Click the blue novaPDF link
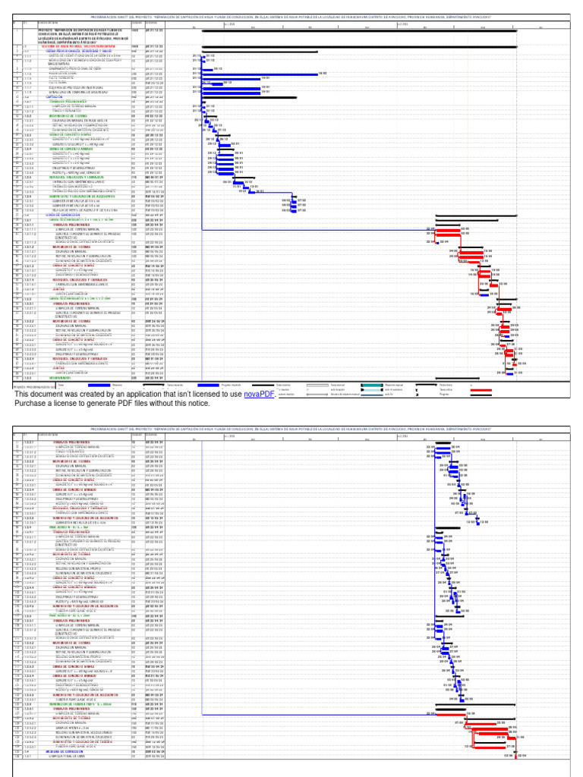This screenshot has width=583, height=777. coord(258,395)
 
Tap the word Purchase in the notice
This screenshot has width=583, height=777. coord(35,405)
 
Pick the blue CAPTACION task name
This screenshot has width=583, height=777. coord(34,97)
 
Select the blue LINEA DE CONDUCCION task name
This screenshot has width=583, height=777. coord(49,215)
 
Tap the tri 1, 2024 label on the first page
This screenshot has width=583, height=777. coord(229,24)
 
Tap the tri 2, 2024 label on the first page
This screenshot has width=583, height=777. coord(414,24)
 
